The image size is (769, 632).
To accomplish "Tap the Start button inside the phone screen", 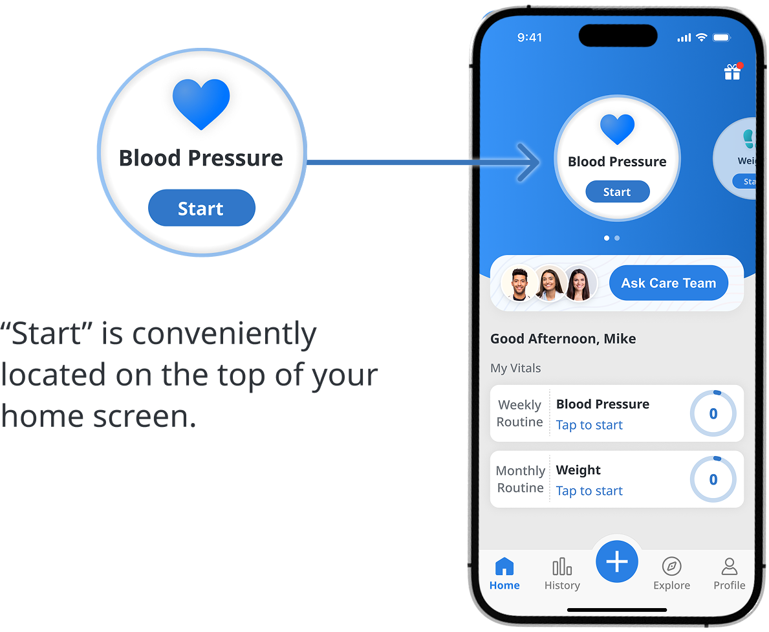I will click(617, 192).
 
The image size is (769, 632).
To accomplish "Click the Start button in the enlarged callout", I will click(201, 208).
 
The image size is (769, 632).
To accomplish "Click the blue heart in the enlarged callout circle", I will click(201, 104).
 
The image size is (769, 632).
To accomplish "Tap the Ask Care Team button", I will click(668, 283).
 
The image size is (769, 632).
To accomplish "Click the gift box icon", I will click(732, 72).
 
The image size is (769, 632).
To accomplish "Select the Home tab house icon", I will click(504, 567).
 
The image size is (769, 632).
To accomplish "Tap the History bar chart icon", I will click(562, 567).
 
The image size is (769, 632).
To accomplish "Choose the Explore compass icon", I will click(671, 567).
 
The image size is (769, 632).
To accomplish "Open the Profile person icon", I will click(729, 567).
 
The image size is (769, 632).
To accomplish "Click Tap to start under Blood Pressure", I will click(589, 425).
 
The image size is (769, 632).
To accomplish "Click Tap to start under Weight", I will click(589, 491).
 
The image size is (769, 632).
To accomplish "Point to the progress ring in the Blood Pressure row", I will click(713, 414).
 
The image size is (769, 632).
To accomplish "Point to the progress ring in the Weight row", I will click(713, 480).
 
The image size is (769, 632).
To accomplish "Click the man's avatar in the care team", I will click(519, 283).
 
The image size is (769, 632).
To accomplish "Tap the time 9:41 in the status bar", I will click(530, 38).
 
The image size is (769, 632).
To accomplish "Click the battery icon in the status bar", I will click(721, 38).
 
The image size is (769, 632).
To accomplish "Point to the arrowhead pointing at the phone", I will click(530, 162).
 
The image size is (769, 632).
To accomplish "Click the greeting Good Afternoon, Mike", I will click(563, 338).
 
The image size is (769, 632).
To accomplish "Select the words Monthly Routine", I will click(520, 479).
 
